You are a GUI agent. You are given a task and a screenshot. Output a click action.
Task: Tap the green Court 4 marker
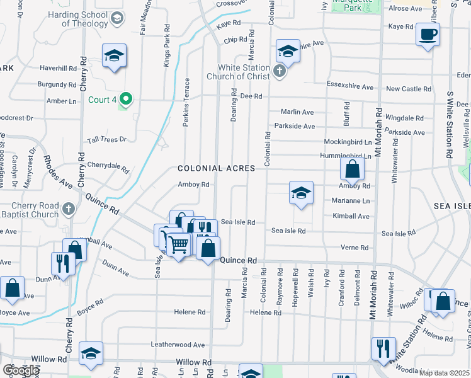click(126, 99)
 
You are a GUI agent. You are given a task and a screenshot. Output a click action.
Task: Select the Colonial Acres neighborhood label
click(216, 168)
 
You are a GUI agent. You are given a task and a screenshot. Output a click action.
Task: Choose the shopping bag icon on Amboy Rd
click(352, 169)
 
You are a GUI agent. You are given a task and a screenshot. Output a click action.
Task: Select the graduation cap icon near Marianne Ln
click(301, 193)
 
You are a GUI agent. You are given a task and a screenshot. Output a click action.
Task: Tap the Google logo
click(21, 370)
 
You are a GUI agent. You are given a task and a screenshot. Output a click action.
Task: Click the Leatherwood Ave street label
click(178, 345)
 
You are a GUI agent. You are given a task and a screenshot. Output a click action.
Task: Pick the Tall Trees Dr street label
click(107, 139)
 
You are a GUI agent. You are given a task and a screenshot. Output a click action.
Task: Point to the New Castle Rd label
click(409, 89)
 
